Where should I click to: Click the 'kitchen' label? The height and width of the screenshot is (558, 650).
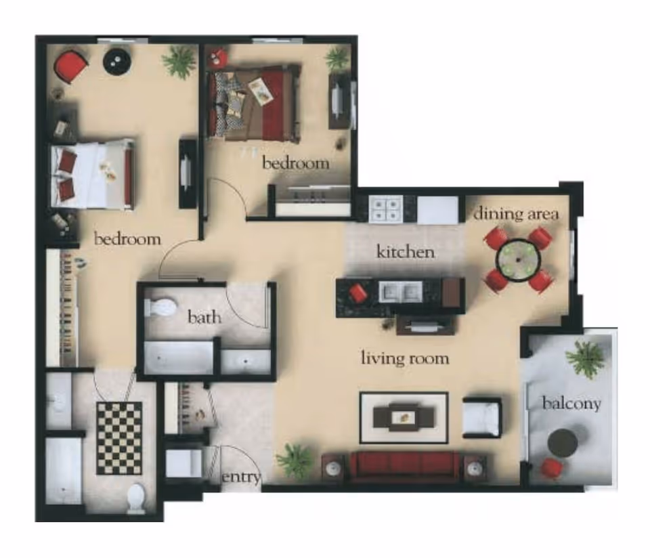(405, 253)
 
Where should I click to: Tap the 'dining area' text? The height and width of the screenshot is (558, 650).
(516, 214)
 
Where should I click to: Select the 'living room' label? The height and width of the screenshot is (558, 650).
(404, 358)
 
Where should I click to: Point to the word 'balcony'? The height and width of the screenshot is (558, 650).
(571, 404)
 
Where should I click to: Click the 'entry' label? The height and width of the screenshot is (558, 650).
(241, 477)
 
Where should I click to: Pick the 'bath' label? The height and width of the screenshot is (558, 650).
(204, 316)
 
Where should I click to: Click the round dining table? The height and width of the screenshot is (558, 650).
(519, 259)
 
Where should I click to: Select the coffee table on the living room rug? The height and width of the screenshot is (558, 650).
(404, 416)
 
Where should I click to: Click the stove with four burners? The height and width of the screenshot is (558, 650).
(385, 209)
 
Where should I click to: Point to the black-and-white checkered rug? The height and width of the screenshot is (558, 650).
(119, 437)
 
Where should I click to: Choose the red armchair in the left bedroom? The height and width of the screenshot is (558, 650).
(70, 66)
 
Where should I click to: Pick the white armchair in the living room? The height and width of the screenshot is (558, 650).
(481, 417)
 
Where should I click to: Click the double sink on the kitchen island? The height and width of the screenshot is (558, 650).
(401, 292)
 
